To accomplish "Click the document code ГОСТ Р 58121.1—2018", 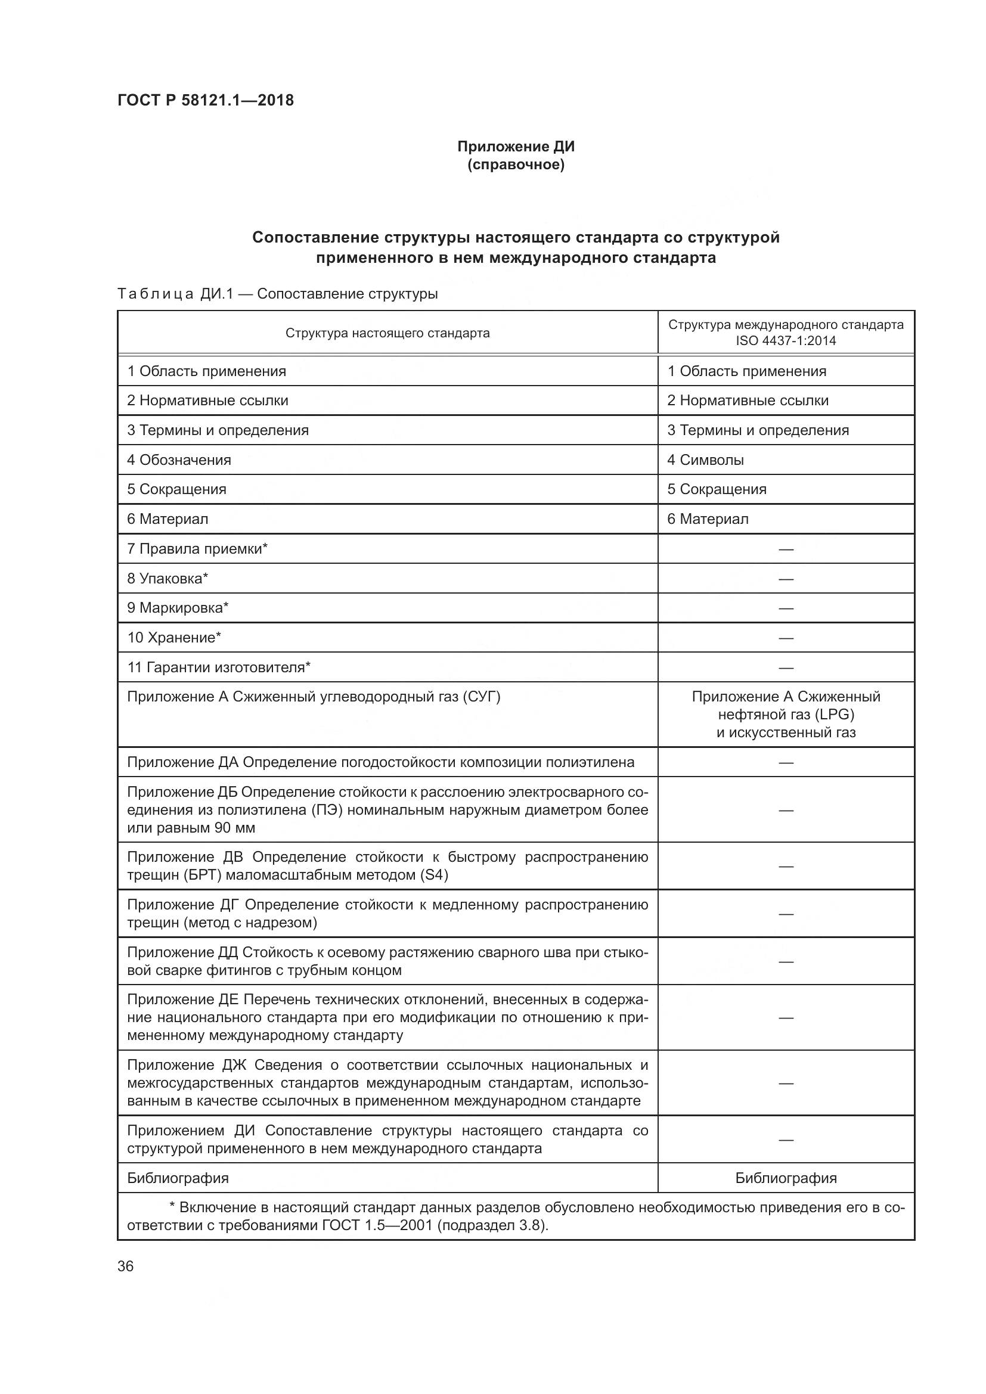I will [x=205, y=100].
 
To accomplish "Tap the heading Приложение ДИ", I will [x=516, y=147].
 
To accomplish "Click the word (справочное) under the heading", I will [x=516, y=164].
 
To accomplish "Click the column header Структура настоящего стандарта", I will [x=387, y=333].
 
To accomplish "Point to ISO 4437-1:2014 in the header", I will [x=786, y=341].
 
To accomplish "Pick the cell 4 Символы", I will [x=705, y=460].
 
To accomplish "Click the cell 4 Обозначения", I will [x=179, y=460].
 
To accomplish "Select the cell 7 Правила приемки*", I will [x=197, y=549].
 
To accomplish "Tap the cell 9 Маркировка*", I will [x=178, y=608].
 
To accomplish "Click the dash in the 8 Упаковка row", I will [x=786, y=579].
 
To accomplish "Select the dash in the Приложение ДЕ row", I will [x=786, y=1017].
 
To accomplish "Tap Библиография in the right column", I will [x=786, y=1178].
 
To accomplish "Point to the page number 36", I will [x=126, y=1266].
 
